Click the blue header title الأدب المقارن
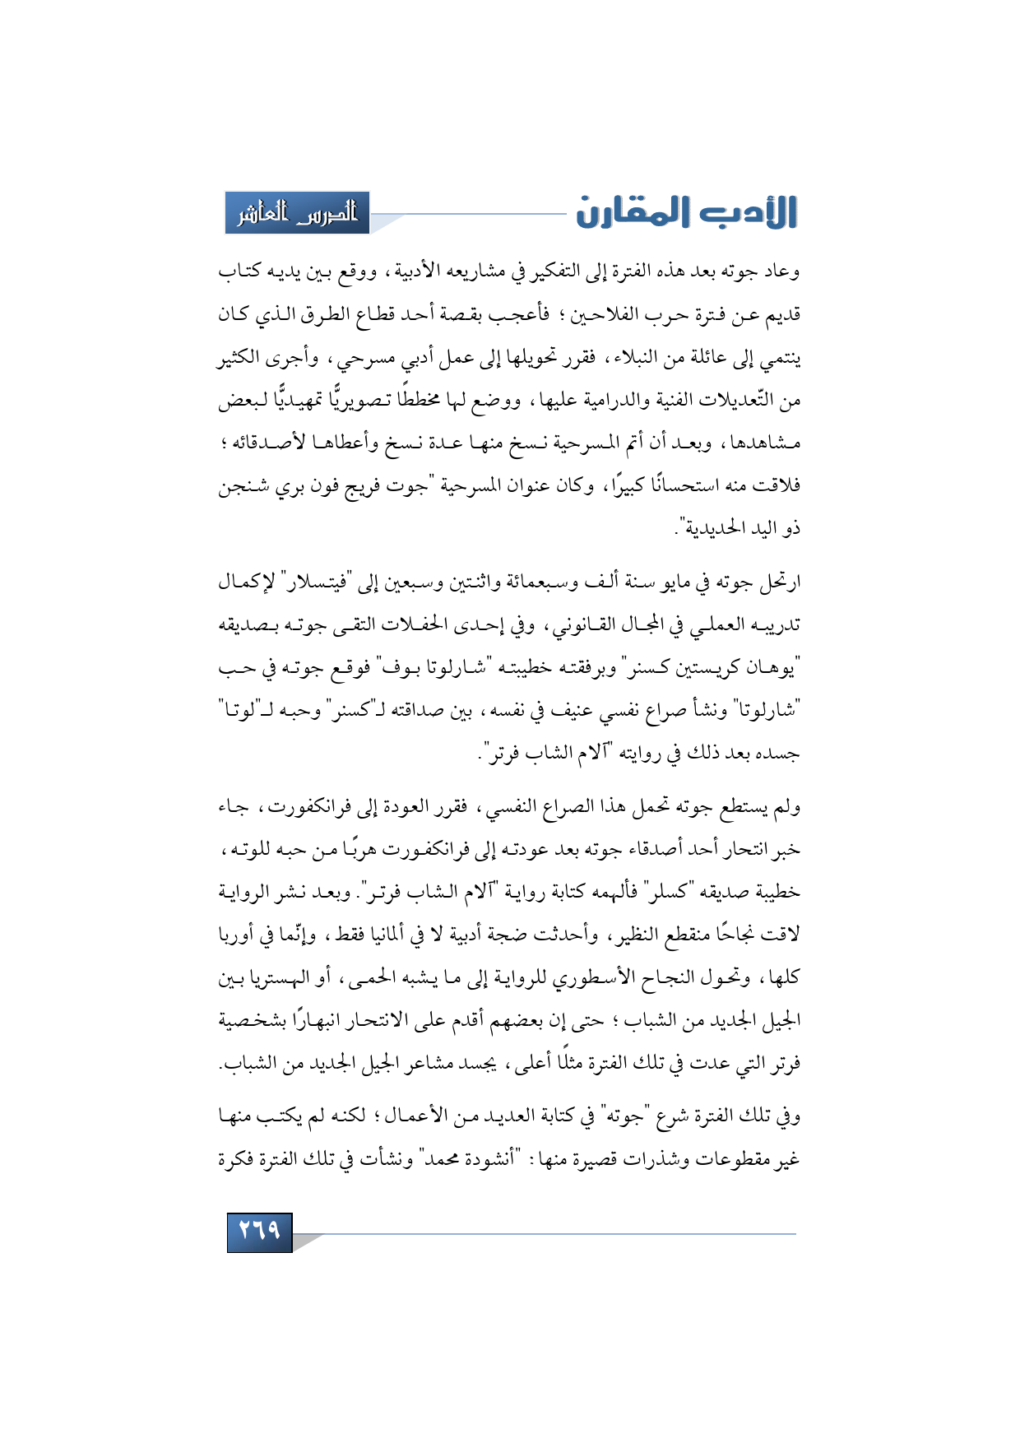[x=686, y=212]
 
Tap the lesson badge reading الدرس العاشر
[x=298, y=213]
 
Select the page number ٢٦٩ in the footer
[x=259, y=1231]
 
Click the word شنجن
[x=241, y=485]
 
